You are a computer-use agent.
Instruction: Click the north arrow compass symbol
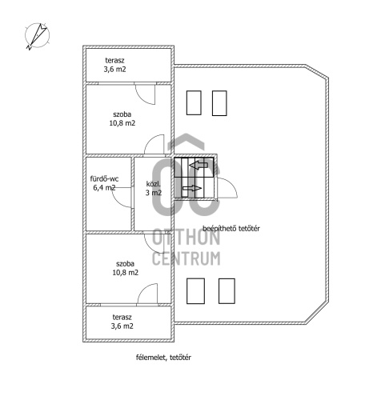37,36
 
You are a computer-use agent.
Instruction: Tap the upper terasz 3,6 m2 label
114,65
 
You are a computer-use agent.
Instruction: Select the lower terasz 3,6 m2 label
122,322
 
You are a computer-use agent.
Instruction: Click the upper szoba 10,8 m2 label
122,118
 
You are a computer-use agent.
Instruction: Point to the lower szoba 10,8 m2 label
125,268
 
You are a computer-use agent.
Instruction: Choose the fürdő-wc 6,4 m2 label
104,183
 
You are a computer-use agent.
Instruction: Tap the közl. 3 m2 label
154,188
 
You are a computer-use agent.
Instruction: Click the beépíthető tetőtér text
231,229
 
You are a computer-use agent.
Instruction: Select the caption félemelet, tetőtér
163,358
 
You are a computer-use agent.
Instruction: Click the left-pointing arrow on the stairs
199,166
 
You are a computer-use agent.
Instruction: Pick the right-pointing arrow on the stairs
192,188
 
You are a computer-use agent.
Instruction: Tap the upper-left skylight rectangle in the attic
194,103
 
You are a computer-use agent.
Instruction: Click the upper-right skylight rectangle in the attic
219,103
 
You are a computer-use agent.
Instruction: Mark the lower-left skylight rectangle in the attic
195,291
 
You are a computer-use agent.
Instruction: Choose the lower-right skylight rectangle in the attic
227,291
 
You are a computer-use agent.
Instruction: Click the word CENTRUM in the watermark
186,258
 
